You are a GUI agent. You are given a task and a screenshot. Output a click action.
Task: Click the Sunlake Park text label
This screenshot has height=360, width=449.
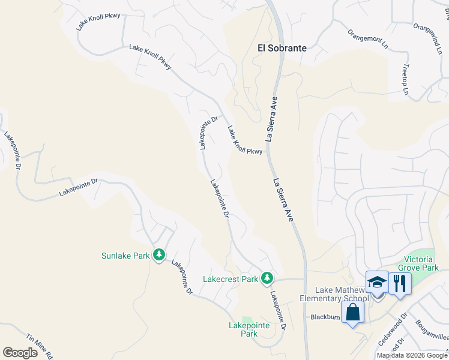click(125, 256)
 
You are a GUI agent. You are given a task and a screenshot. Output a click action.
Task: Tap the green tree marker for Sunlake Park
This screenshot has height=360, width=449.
click(158, 256)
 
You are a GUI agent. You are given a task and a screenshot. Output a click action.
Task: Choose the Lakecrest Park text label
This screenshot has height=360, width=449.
click(230, 279)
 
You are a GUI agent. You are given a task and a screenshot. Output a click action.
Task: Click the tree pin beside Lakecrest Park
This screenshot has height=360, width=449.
click(267, 278)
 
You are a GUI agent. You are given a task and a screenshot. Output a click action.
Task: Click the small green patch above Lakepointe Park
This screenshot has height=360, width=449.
click(247, 319)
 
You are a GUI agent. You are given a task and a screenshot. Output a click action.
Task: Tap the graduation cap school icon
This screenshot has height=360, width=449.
click(377, 282)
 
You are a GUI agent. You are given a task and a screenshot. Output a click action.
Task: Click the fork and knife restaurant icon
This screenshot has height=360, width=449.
click(400, 282)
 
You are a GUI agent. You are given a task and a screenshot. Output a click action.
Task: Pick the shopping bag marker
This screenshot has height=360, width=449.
click(352, 312)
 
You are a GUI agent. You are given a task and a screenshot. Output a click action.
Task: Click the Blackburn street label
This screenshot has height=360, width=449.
click(325, 317)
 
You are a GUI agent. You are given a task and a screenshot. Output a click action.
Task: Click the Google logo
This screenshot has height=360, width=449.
click(20, 353)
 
